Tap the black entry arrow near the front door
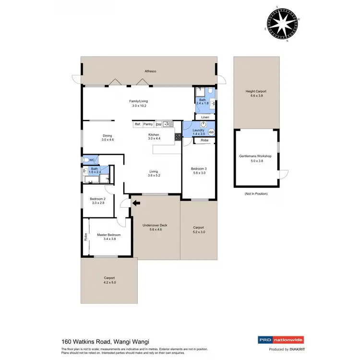coord(136,203)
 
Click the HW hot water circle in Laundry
coord(211,132)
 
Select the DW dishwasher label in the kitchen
coord(158,124)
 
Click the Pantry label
coord(148,124)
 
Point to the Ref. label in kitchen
coord(138,124)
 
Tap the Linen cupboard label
coord(204,117)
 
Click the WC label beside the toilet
coord(92,160)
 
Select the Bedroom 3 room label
coord(199,168)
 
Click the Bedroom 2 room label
coord(97,200)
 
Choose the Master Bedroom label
coord(108,235)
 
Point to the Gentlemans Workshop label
coord(255,156)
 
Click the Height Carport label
coord(256,91)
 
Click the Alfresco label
coord(151,71)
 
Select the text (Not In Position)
coord(255,193)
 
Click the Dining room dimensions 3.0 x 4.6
coord(108,140)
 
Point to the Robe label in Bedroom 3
coord(204,141)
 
